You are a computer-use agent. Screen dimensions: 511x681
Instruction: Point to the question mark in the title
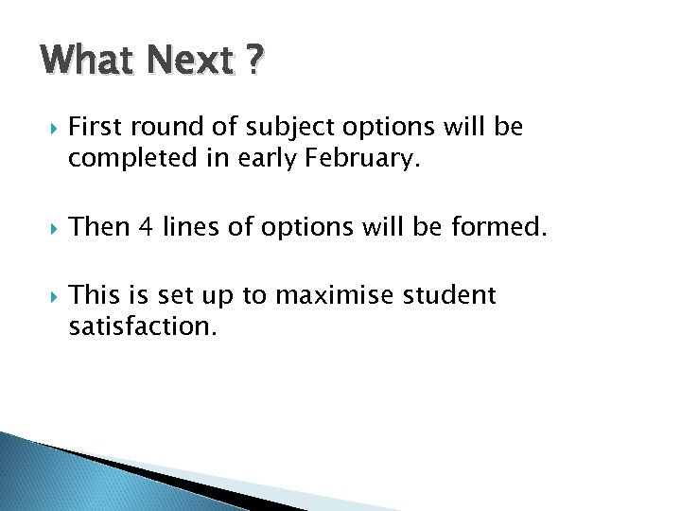tap(253, 61)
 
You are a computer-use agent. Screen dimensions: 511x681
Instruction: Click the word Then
tap(99, 227)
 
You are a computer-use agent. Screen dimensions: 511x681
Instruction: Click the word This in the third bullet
tap(95, 295)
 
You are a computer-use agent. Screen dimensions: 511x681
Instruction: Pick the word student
tap(449, 295)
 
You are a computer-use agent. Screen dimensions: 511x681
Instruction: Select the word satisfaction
tap(142, 327)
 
